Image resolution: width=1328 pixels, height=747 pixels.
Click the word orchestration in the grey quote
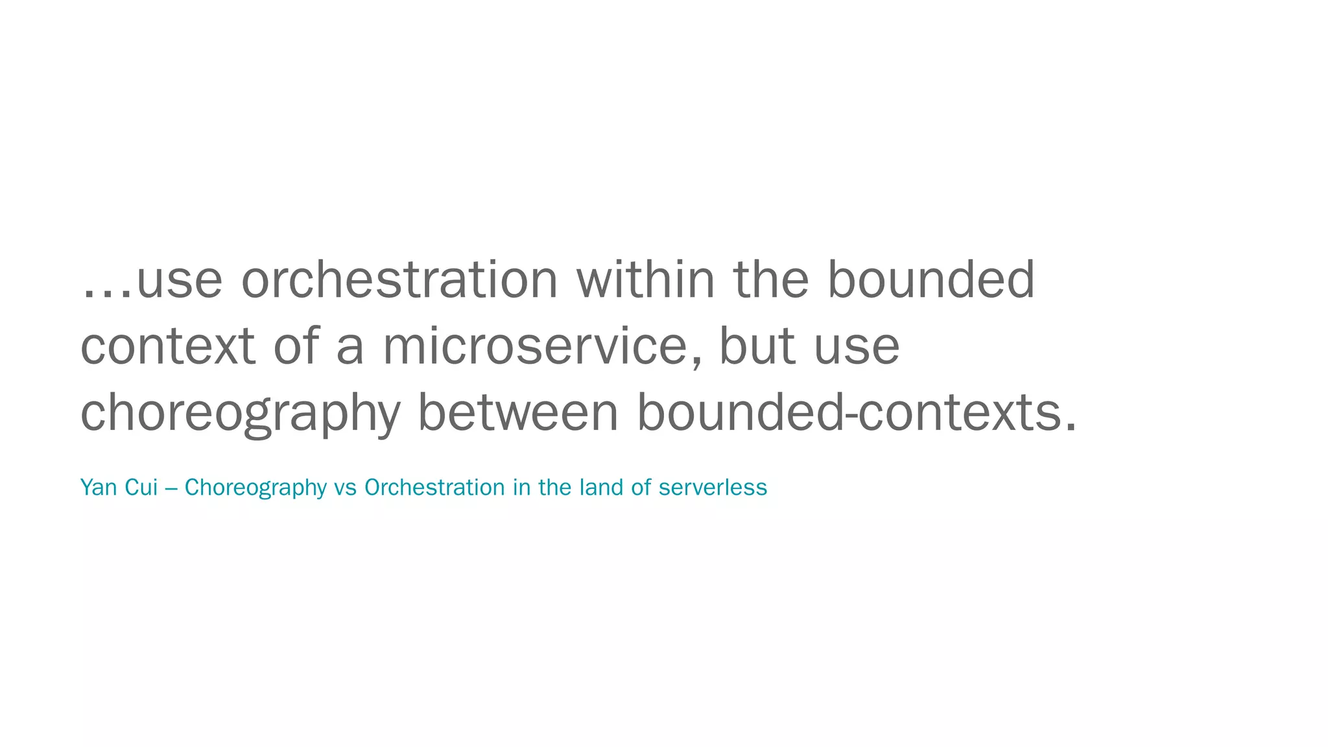coord(399,280)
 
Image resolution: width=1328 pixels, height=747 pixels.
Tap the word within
coord(645,280)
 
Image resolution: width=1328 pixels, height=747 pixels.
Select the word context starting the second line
coord(167,347)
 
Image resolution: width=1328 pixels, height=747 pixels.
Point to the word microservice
coord(535,347)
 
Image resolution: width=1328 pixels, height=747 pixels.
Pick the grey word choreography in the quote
coord(240,414)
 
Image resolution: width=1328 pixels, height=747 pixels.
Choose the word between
coord(518,412)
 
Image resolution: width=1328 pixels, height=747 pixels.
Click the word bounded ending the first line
coord(931,280)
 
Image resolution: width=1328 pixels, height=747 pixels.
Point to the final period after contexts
coord(1071,428)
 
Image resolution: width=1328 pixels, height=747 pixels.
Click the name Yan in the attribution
coord(99,487)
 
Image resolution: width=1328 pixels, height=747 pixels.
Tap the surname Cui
coord(141,487)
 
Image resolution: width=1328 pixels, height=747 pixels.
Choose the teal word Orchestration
coord(434,487)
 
